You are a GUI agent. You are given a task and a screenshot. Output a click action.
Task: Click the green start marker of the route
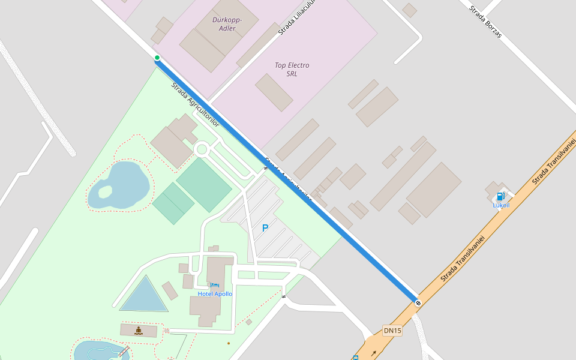[x=157, y=58]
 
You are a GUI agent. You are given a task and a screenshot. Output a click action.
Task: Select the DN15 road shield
[x=392, y=331]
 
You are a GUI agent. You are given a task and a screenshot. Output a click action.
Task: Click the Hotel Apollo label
[x=215, y=294]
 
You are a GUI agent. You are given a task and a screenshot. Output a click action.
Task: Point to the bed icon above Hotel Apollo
[x=215, y=285]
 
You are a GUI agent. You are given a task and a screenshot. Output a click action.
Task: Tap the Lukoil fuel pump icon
[x=500, y=196]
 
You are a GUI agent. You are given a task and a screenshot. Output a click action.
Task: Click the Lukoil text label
[x=501, y=205]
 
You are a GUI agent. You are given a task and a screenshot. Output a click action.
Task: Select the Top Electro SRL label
[x=292, y=69]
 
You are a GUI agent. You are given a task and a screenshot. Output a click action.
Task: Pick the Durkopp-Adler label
[x=227, y=24]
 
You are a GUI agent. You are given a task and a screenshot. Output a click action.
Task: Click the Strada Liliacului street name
[x=296, y=17]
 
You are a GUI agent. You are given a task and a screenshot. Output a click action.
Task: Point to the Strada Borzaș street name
[x=485, y=22]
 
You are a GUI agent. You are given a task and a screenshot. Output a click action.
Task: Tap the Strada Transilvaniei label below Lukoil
[x=462, y=258]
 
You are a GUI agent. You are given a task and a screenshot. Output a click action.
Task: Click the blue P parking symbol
[x=265, y=228]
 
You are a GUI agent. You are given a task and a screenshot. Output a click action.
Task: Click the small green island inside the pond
[x=105, y=192]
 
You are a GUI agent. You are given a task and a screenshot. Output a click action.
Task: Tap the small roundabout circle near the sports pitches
[x=202, y=149]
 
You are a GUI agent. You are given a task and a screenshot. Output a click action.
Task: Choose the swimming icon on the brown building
[x=139, y=330]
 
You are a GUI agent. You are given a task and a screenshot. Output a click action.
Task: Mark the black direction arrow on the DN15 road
[x=373, y=353]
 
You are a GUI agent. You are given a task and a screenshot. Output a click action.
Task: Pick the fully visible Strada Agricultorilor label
[x=196, y=104]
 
